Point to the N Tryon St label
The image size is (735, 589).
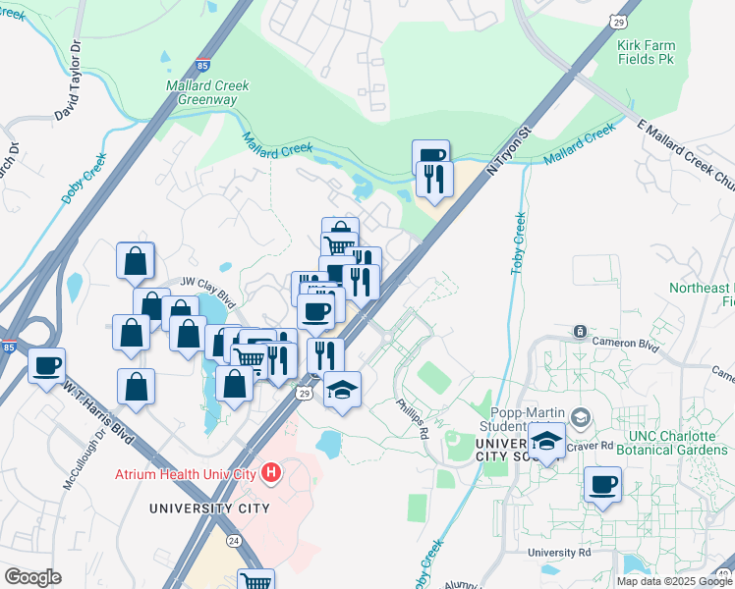tap(511, 144)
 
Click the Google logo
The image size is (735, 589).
tap(32, 577)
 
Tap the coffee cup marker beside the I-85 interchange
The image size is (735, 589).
tap(47, 366)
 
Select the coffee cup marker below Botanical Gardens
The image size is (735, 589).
tap(602, 483)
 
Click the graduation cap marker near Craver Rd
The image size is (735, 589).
tap(547, 440)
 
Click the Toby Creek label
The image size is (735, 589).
tap(518, 242)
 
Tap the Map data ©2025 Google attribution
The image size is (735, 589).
tap(674, 581)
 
